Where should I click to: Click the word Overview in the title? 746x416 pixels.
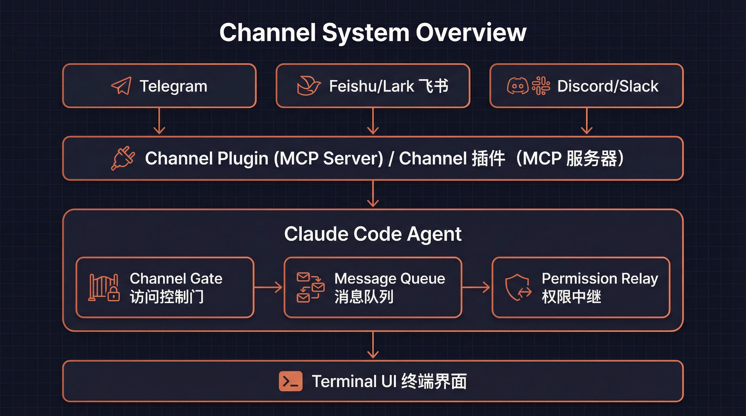[x=471, y=32]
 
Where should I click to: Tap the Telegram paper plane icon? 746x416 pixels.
[x=121, y=86]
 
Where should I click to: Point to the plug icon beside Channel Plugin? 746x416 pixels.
[x=123, y=158]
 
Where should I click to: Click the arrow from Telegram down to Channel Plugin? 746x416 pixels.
[x=159, y=121]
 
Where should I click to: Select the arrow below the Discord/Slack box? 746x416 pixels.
[x=586, y=121]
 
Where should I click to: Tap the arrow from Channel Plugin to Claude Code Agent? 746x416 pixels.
[x=373, y=194]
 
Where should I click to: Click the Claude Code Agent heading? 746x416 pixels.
[x=373, y=234]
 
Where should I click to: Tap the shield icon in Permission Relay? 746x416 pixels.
[x=518, y=288]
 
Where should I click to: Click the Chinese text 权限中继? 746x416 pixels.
[x=571, y=297]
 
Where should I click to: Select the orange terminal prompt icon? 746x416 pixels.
[x=291, y=381]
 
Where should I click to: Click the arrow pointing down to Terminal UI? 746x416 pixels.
[x=373, y=345]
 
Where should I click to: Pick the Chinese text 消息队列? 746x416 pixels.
[x=364, y=297]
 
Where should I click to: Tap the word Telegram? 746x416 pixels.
[x=173, y=86]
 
